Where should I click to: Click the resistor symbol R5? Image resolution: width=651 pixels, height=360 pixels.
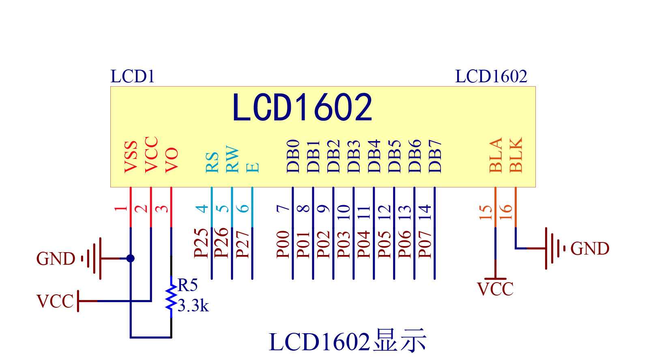point(171,297)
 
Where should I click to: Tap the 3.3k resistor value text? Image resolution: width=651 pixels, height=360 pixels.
point(193,306)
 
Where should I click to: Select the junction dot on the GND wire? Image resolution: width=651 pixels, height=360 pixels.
point(130,258)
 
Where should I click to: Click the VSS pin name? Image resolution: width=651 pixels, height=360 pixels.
point(131,157)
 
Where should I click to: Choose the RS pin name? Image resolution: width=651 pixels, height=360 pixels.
point(212,163)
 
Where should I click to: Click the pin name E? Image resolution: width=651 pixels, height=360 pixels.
point(253,167)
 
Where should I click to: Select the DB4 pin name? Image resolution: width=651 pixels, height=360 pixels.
point(374,156)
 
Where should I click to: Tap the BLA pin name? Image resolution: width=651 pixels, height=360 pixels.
point(496,155)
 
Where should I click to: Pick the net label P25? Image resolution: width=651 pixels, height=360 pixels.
point(201,243)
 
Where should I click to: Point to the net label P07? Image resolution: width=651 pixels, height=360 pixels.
point(425,244)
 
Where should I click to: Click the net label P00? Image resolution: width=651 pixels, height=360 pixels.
point(283,244)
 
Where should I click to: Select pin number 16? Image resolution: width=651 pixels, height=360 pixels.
point(506,211)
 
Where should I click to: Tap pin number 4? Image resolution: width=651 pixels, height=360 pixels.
point(202,209)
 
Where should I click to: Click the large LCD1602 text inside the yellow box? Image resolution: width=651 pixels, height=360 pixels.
point(302,107)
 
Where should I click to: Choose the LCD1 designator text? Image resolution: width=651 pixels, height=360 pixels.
point(133,77)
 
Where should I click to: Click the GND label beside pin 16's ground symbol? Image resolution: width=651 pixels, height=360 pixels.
point(590,249)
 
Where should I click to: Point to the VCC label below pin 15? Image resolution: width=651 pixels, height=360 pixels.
point(495,289)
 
